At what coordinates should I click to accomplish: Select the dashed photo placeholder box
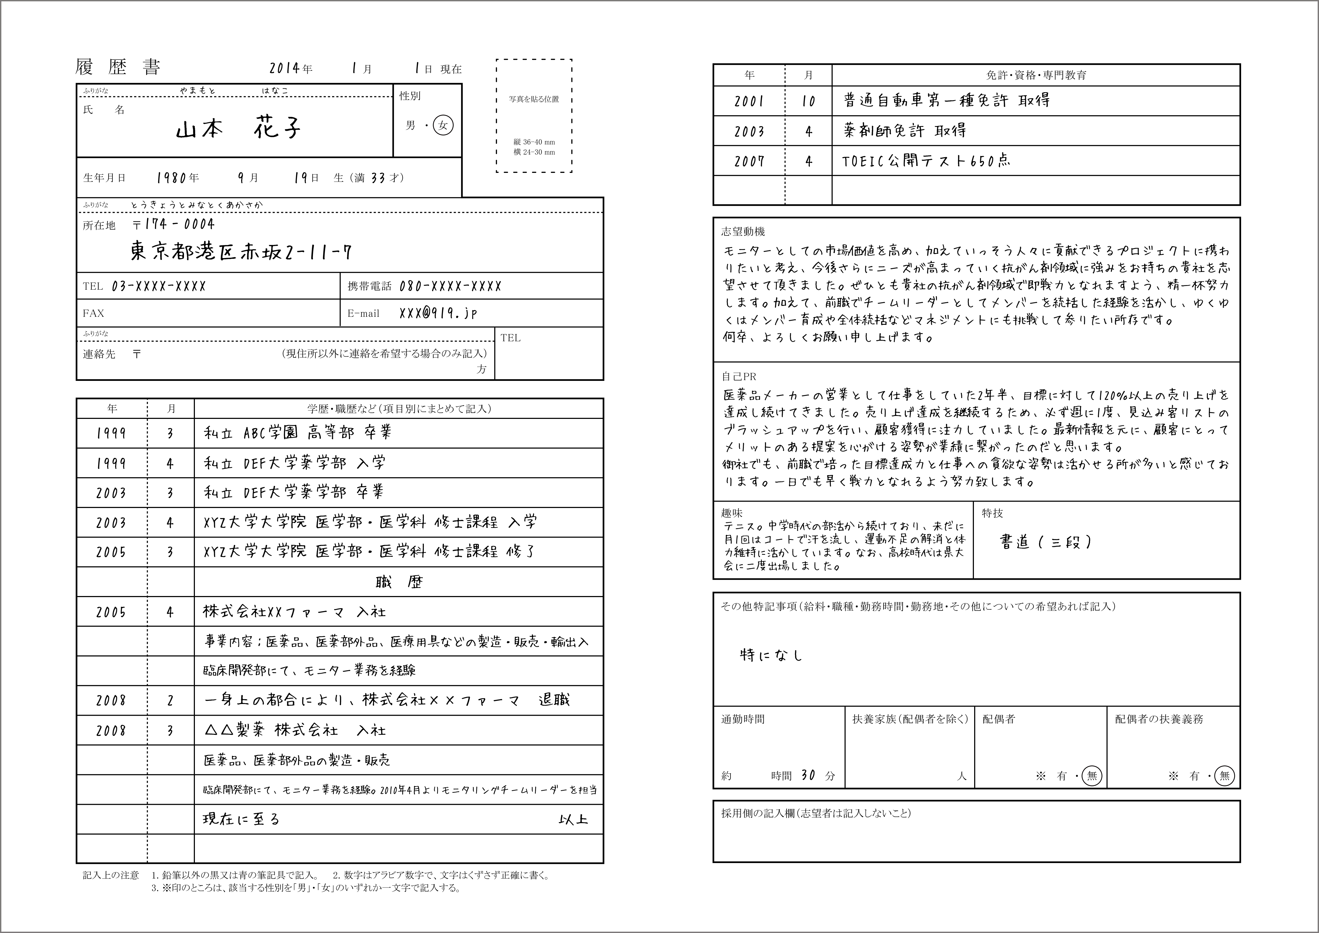[534, 115]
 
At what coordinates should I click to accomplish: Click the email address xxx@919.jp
[438, 313]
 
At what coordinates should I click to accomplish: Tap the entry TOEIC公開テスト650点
[926, 161]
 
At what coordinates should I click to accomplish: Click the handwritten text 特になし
[771, 655]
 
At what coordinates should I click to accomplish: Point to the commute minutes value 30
[808, 775]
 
